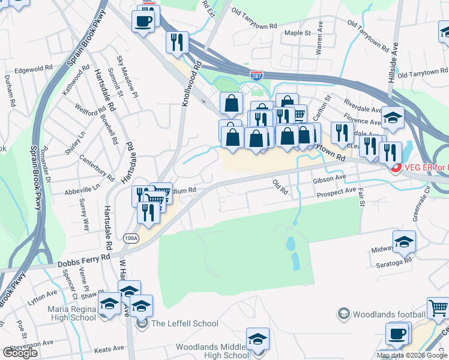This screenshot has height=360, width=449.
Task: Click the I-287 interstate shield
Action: tap(256, 76)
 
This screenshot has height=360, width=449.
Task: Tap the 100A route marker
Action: tap(131, 238)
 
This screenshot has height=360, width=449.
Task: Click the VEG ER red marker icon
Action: tap(396, 167)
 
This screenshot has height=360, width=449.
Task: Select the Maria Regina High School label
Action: tap(71, 313)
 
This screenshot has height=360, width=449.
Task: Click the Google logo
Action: tap(20, 353)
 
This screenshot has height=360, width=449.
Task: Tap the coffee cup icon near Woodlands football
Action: tap(396, 334)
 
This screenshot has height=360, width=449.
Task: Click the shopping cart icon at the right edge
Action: tap(438, 308)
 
